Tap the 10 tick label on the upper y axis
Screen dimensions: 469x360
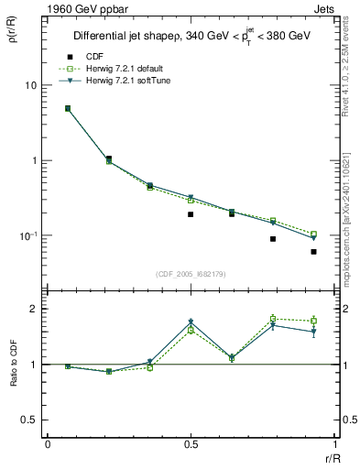(30, 85)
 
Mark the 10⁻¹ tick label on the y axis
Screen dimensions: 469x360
(27, 235)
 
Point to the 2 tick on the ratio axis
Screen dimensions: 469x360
(34, 309)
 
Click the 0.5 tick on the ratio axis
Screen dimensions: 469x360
(30, 420)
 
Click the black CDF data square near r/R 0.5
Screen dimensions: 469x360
(191, 214)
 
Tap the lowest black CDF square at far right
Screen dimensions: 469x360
(313, 251)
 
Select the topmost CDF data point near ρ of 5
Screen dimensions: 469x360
(68, 108)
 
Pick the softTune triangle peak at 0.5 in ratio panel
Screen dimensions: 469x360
(191, 322)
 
